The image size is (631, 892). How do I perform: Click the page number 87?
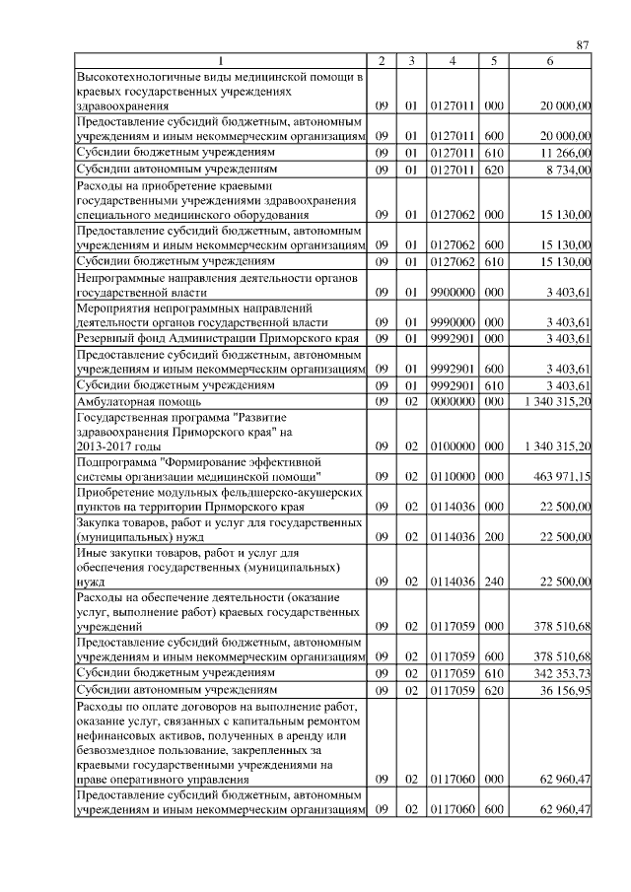583,44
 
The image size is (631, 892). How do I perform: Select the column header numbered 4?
451,61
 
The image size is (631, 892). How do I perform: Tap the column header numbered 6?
549,61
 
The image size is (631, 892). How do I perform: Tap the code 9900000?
452,293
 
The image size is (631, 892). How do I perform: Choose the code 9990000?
452,322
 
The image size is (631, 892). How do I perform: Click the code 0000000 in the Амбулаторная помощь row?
452,401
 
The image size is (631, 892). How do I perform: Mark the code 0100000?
452,446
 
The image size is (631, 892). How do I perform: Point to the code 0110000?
452,476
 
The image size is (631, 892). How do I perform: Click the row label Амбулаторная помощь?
139,401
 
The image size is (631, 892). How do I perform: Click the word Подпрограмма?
116,461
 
